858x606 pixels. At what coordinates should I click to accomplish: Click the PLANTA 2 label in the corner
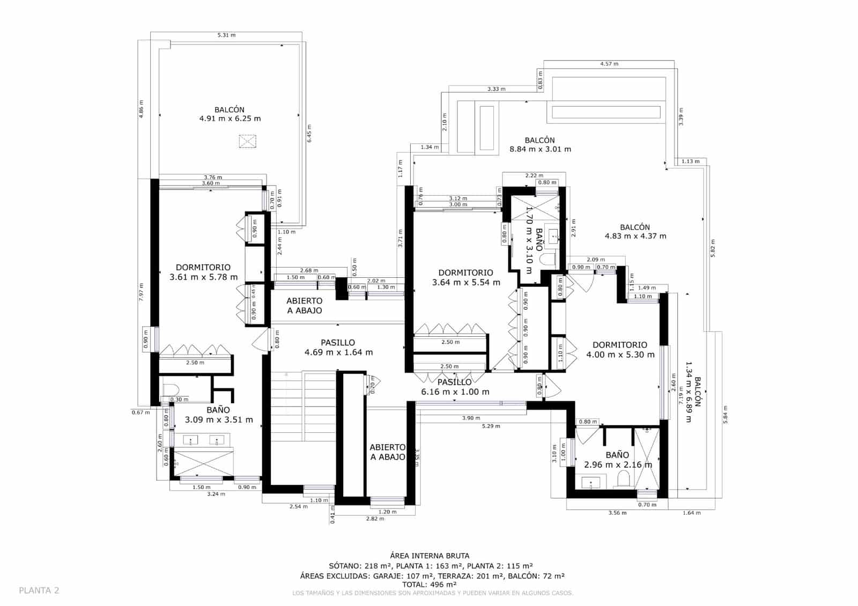point(39,590)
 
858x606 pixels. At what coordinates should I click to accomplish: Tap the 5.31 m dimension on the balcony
point(226,35)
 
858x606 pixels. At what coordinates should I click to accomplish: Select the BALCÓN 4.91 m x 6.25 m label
point(230,114)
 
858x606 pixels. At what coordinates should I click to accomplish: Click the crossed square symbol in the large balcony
point(247,141)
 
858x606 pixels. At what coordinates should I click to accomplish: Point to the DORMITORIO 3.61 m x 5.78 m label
point(203,272)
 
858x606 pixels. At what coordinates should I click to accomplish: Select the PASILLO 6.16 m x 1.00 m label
point(455,387)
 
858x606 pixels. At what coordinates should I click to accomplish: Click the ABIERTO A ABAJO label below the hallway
point(388,452)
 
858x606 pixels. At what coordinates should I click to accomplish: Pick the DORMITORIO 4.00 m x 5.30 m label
point(620,350)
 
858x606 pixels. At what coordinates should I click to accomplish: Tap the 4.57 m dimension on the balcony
point(609,64)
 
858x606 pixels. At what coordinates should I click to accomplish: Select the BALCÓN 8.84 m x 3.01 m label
point(539,145)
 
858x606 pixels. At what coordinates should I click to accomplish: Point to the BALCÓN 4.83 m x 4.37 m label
point(635,232)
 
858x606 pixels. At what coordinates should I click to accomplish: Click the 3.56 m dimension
point(617,513)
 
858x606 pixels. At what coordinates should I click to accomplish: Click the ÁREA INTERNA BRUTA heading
point(430,556)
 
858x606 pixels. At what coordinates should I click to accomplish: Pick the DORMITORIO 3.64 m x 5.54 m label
point(465,277)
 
